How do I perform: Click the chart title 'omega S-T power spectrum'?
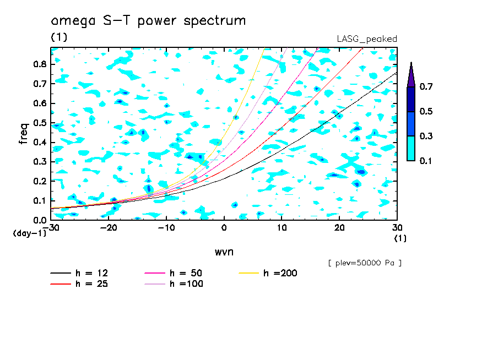pyautogui.click(x=148, y=21)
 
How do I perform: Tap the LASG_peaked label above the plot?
pyautogui.click(x=367, y=39)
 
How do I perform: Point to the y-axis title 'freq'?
pyautogui.click(x=24, y=134)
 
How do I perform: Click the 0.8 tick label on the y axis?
pyautogui.click(x=40, y=64)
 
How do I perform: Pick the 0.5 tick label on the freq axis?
pyautogui.click(x=40, y=122)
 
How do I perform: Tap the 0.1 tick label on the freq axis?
pyautogui.click(x=40, y=200)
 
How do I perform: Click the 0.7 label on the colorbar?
pyautogui.click(x=426, y=87)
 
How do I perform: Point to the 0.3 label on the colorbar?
pyautogui.click(x=426, y=137)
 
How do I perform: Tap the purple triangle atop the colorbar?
pyautogui.click(x=411, y=75)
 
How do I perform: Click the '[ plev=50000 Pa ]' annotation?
pyautogui.click(x=365, y=264)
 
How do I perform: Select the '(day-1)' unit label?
pyautogui.click(x=30, y=233)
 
